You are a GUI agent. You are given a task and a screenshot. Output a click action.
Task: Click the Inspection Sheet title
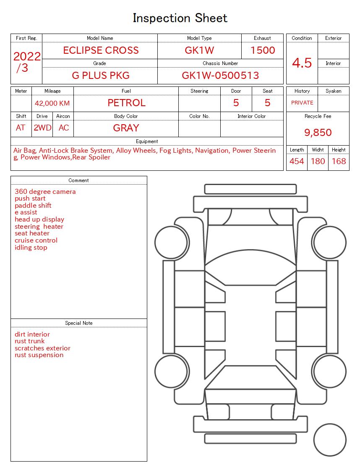click(180, 18)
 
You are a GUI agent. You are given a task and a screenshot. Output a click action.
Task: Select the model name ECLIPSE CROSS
click(101, 50)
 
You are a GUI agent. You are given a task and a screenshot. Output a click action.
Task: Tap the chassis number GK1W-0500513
click(220, 76)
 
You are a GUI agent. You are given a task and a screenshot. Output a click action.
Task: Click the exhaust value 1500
click(263, 50)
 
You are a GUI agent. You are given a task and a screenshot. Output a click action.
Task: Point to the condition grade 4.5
click(302, 63)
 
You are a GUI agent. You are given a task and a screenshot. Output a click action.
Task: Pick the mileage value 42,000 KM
click(52, 103)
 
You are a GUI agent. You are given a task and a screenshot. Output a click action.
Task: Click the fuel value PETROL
click(126, 103)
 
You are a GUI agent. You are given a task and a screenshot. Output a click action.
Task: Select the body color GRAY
click(126, 128)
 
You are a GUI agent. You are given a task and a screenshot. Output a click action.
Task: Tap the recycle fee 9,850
click(318, 133)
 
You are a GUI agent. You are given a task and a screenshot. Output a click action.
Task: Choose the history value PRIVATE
click(302, 103)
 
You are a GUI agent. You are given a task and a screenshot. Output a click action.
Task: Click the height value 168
click(339, 161)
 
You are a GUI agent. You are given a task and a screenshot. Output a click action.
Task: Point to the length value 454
click(297, 161)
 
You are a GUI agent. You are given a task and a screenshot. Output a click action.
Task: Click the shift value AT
click(21, 128)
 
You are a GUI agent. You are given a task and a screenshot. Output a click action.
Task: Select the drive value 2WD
click(42, 128)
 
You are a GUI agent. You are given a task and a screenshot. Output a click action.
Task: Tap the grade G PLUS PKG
click(101, 76)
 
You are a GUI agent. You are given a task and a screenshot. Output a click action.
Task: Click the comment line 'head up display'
click(39, 219)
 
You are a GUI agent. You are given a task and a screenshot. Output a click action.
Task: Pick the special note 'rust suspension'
click(39, 355)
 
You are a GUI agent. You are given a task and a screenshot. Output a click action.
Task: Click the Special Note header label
click(79, 323)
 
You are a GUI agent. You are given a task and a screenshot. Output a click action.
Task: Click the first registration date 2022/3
click(27, 62)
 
